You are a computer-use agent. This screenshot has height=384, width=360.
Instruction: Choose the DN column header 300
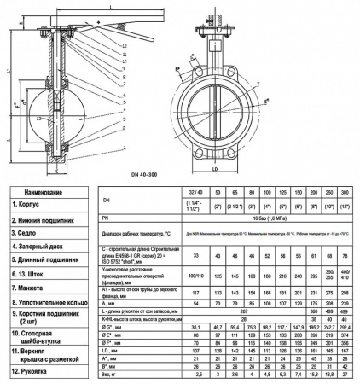[x=345, y=195]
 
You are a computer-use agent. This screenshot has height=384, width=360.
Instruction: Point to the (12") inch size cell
[x=345, y=207]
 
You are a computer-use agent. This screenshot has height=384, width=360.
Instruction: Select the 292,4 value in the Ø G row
[x=345, y=327]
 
